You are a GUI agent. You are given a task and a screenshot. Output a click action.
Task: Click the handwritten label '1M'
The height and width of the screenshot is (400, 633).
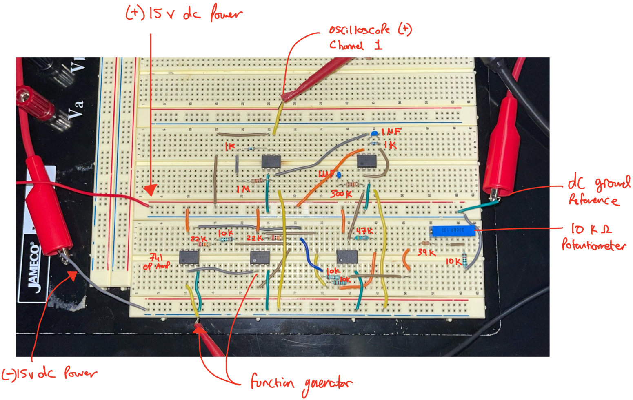[x=243, y=189]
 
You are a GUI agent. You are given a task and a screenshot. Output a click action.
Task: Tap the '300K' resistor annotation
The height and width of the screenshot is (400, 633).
[x=341, y=194]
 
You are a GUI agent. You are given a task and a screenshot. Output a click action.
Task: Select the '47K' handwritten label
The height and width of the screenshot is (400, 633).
[x=364, y=231]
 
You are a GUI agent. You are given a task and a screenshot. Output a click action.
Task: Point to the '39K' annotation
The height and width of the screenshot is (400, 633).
[x=426, y=253]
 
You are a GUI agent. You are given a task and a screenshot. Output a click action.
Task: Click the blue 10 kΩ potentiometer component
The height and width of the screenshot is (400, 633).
[x=452, y=231]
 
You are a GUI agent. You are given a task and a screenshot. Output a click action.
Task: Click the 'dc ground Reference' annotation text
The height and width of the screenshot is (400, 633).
[x=598, y=191]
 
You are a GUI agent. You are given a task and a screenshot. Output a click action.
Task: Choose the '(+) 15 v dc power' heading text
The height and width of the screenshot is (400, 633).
[x=184, y=13]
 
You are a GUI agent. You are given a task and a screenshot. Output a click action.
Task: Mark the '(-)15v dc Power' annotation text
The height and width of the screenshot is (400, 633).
[x=49, y=373]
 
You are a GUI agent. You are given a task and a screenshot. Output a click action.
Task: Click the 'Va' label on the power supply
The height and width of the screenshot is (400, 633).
[x=76, y=109]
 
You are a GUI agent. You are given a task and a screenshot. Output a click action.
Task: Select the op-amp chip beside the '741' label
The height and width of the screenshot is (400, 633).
[x=189, y=258]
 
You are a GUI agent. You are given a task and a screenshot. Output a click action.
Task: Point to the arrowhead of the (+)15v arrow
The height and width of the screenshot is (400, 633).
[x=150, y=190]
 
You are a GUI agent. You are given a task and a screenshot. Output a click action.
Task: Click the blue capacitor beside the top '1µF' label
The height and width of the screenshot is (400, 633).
[x=374, y=133]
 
